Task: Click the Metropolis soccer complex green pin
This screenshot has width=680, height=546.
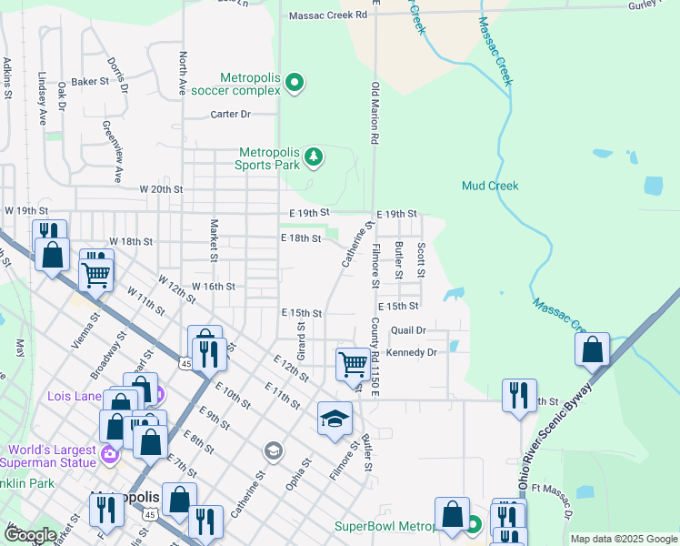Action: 295,84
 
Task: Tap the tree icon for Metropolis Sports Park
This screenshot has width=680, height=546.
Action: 314,158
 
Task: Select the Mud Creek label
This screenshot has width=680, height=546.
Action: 490,186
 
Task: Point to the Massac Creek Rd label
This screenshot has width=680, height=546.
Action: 327,15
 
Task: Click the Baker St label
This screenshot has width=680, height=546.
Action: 90,81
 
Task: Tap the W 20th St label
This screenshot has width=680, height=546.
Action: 161,189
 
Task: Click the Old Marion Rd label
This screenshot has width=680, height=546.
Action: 374,113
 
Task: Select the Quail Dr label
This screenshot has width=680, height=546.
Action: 408,330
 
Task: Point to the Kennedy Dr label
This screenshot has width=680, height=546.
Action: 412,351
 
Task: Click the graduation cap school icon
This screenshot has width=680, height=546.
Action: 335,419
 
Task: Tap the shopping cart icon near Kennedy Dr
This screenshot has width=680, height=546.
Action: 352,364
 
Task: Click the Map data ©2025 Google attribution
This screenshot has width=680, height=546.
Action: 623,539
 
